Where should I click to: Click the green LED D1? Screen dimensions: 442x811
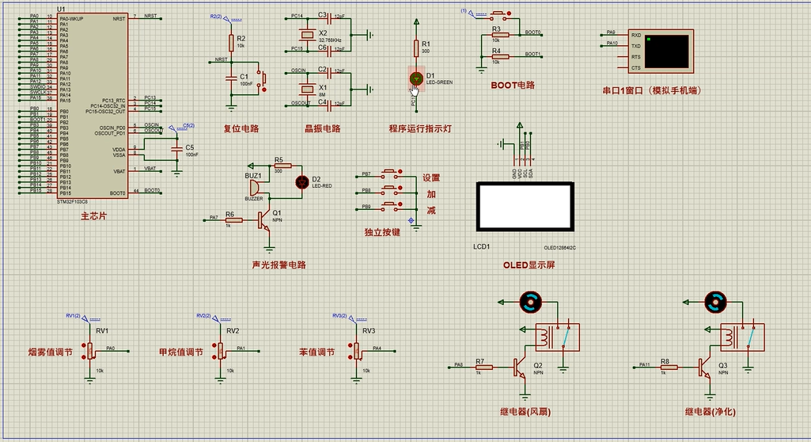click(x=417, y=78)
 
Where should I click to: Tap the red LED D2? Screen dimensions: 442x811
click(x=301, y=181)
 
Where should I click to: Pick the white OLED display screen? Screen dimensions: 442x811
click(x=524, y=205)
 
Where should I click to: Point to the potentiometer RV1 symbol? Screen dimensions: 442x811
click(x=91, y=349)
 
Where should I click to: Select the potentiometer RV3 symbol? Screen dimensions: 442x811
click(x=355, y=349)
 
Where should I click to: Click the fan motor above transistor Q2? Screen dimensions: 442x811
click(x=529, y=300)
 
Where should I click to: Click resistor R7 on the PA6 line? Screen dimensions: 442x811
click(x=483, y=367)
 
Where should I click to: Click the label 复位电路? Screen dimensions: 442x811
click(x=241, y=128)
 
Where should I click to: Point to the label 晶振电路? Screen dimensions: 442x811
click(x=322, y=128)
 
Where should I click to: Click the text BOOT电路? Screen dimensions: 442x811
click(x=513, y=85)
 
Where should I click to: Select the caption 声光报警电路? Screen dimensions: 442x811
click(x=279, y=265)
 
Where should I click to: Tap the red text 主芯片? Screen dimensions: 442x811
click(x=94, y=215)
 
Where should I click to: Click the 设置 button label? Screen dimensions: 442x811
click(x=430, y=178)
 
